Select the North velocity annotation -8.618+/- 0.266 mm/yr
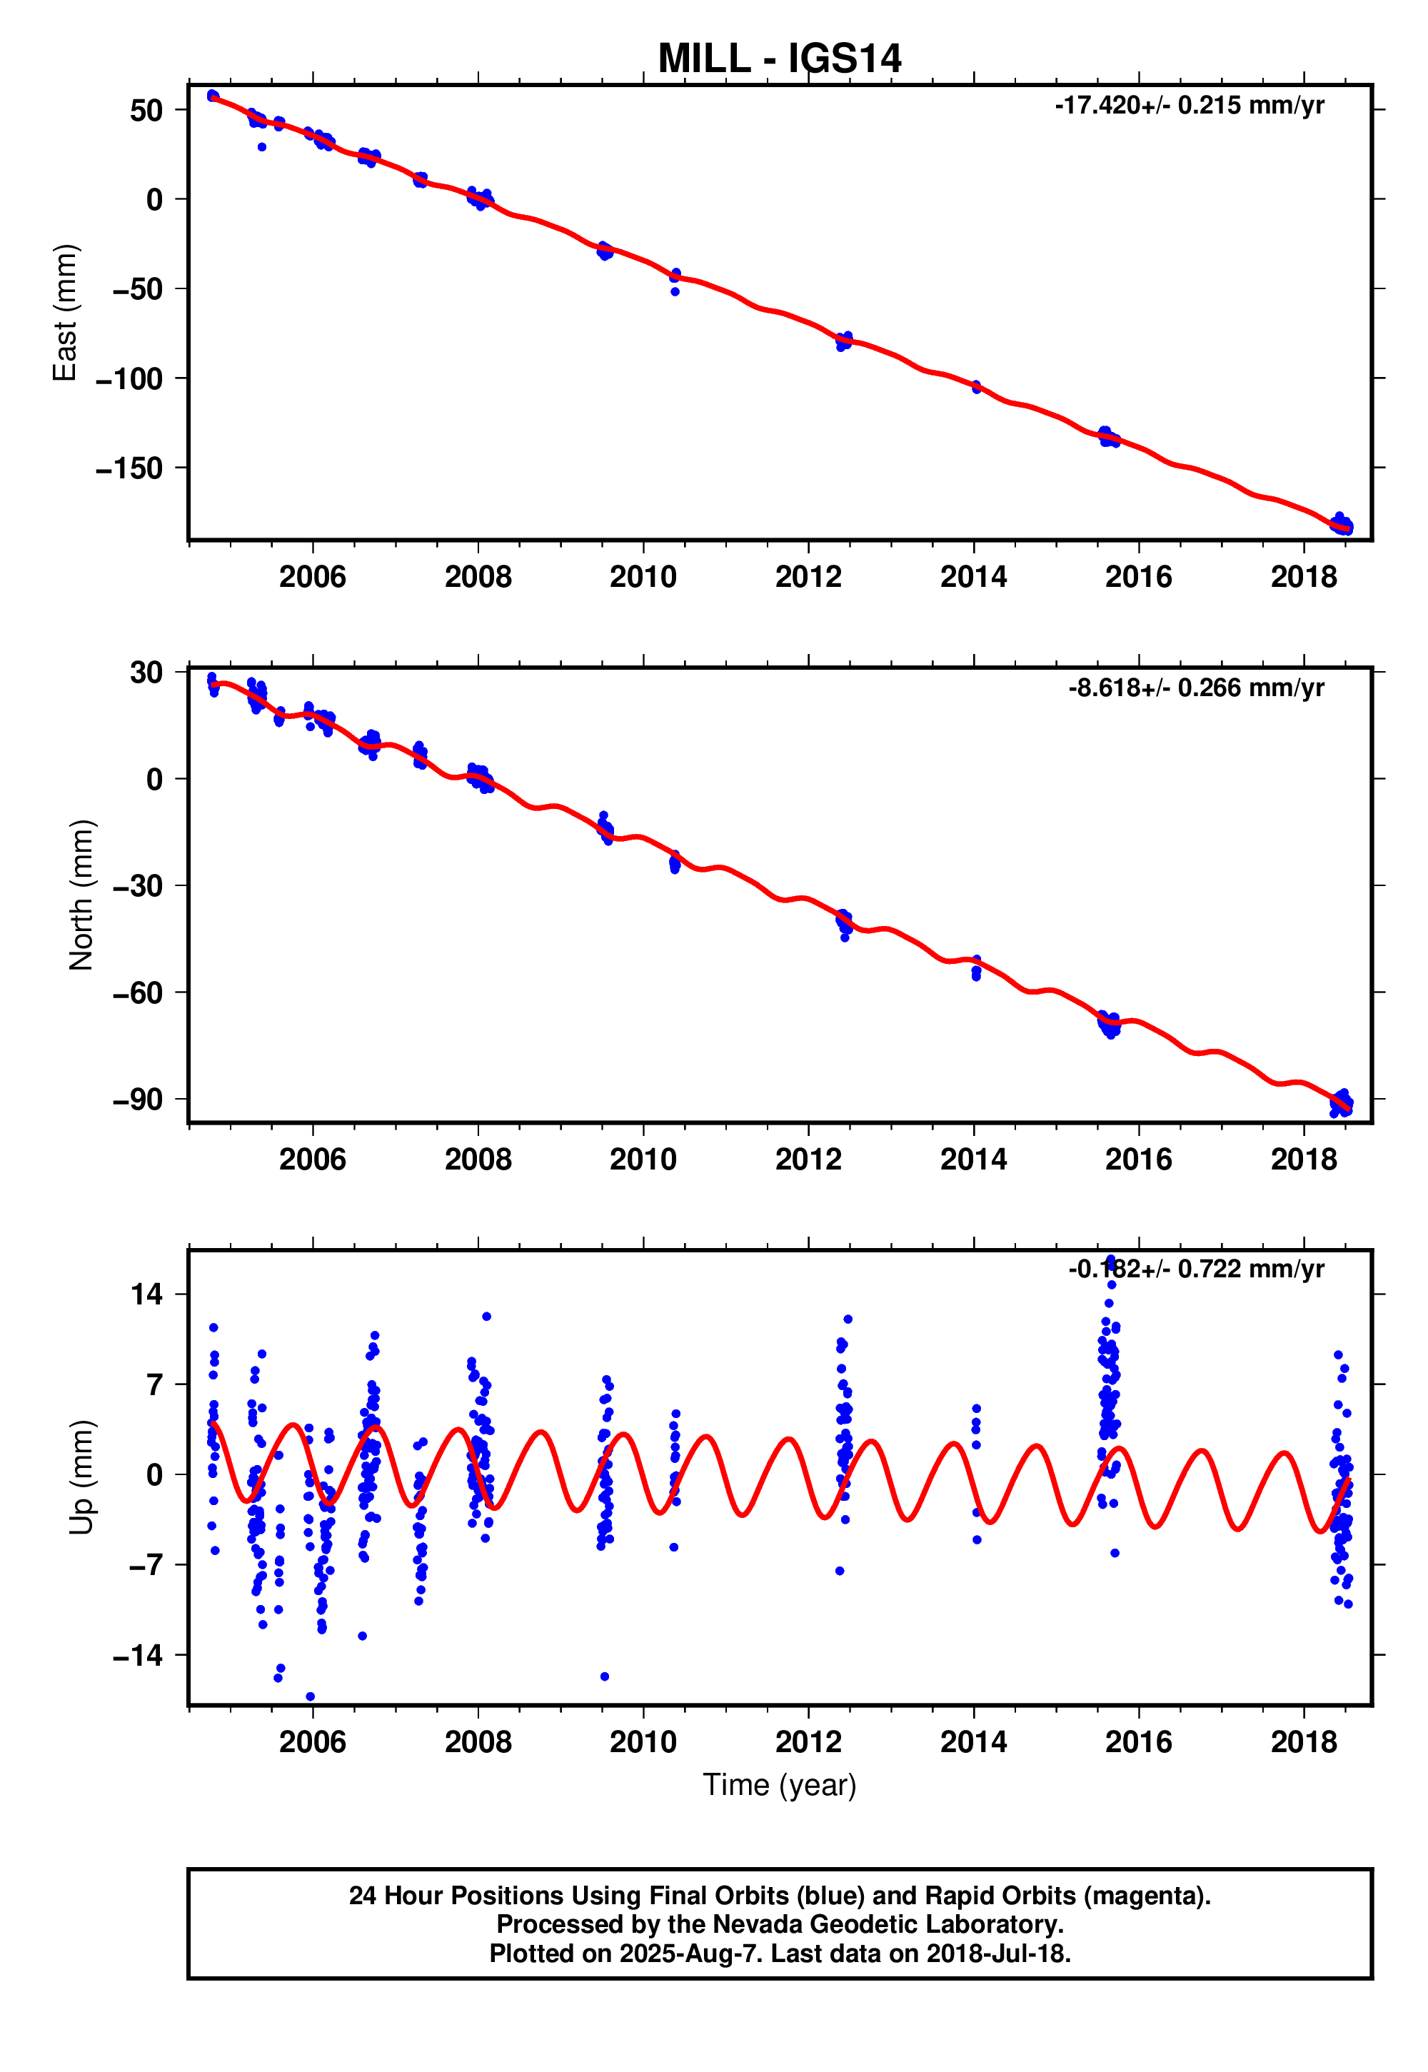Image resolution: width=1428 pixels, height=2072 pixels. (x=1195, y=688)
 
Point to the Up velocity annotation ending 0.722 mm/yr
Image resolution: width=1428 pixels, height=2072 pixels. (x=1195, y=1269)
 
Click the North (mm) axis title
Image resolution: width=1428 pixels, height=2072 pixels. (x=81, y=895)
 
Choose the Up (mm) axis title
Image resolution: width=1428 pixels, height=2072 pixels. (x=81, y=1477)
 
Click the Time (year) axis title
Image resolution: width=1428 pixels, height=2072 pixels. (x=778, y=1785)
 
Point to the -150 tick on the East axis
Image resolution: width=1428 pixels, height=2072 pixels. (x=130, y=468)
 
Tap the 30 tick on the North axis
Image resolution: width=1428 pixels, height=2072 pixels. (x=146, y=673)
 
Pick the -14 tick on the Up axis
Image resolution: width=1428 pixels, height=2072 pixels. (x=137, y=1656)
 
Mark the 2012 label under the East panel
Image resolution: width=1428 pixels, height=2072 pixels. (x=808, y=577)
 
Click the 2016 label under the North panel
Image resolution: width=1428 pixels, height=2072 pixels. (x=1138, y=1160)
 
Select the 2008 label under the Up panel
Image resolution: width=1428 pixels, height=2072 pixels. (x=478, y=1742)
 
